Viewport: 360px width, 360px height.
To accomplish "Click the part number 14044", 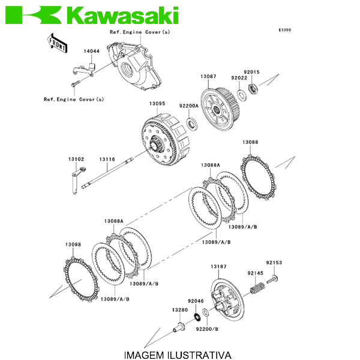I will coord(91,52).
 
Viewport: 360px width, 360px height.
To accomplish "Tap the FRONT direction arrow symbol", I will coord(56,43).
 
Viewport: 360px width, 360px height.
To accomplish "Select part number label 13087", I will coord(208,77).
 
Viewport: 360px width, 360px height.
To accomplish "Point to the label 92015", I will coord(251,72).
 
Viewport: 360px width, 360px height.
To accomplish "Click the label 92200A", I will coord(188,106).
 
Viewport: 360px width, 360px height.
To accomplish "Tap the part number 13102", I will coord(76,159).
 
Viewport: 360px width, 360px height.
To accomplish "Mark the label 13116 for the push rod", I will coord(107,159).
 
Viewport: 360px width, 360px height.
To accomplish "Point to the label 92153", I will coord(274,263).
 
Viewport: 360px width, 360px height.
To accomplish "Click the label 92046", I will coord(196,301).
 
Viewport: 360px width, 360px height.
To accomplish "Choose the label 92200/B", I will coord(207,329).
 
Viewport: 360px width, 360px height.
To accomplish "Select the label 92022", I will coord(239,77).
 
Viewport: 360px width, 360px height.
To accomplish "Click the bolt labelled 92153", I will coord(275,280).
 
